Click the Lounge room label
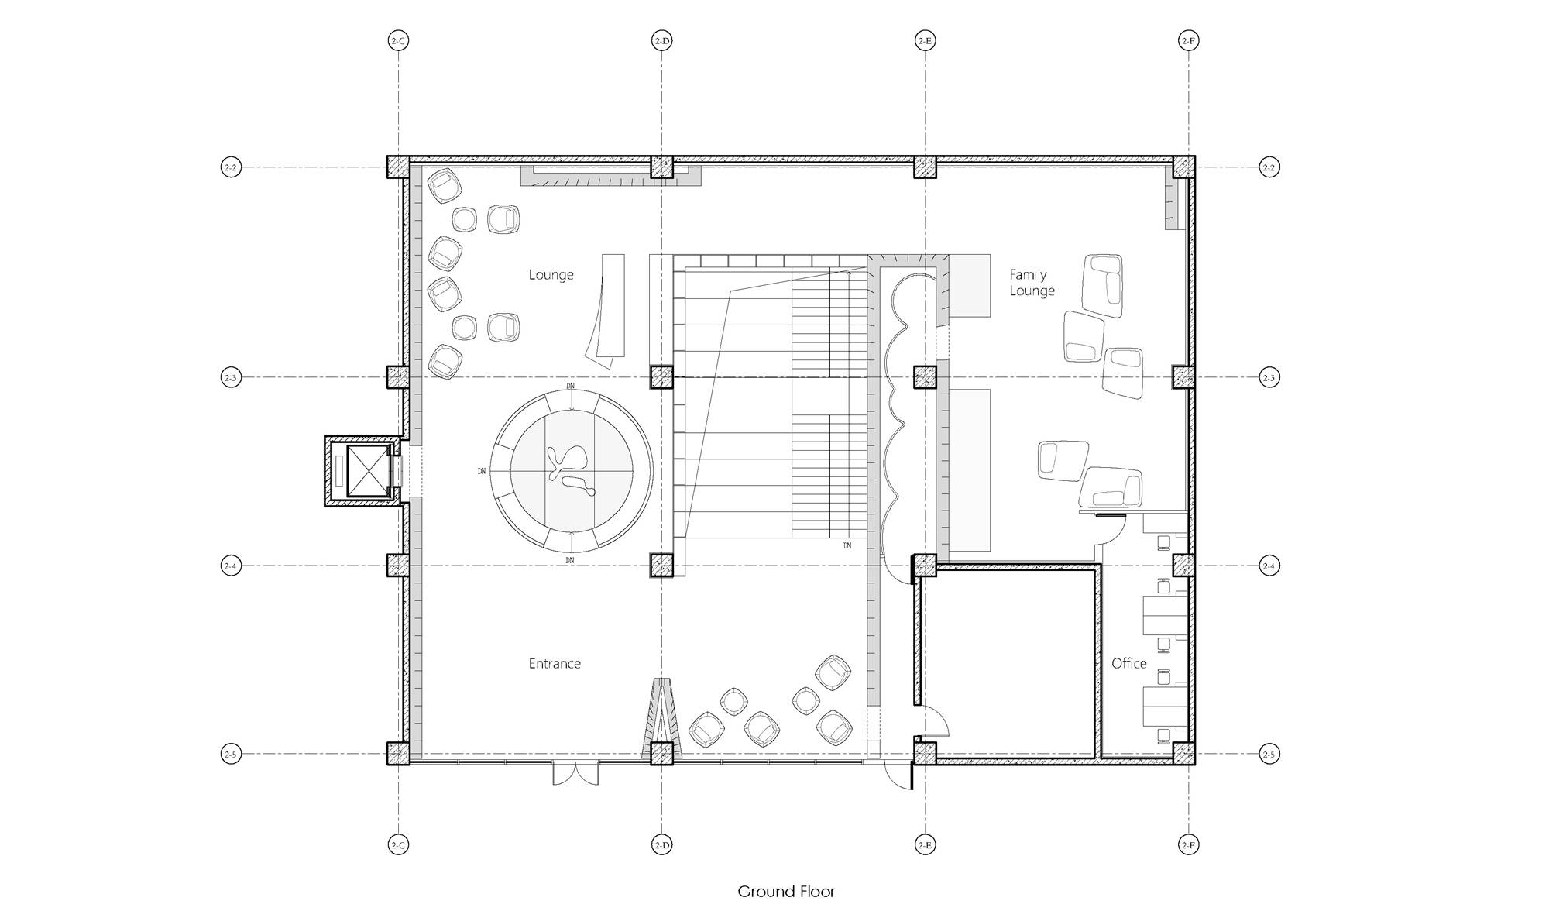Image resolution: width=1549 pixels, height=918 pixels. click(551, 275)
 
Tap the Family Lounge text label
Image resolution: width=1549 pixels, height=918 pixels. click(1031, 283)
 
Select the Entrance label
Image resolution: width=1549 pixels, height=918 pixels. click(555, 664)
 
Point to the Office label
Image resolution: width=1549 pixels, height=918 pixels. click(1128, 664)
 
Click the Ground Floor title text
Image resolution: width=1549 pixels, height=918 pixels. click(786, 892)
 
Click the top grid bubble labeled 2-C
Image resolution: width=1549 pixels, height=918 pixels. click(398, 40)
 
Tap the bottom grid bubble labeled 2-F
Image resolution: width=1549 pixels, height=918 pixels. click(1188, 845)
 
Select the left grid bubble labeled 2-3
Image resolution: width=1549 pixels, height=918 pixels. click(231, 378)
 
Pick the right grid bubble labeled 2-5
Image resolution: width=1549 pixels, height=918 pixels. click(1269, 754)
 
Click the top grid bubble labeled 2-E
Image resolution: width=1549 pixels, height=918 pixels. click(925, 40)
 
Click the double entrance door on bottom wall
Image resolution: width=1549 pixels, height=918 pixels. click(575, 774)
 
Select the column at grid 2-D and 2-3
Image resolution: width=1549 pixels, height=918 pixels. click(661, 377)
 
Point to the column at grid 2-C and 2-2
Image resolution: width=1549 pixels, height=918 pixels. click(398, 167)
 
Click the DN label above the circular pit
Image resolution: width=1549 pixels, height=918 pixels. click(571, 385)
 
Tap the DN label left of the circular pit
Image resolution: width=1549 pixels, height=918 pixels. click(482, 470)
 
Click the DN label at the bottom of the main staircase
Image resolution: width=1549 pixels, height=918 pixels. click(847, 546)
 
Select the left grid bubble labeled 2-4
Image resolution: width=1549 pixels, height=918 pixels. click(231, 566)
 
